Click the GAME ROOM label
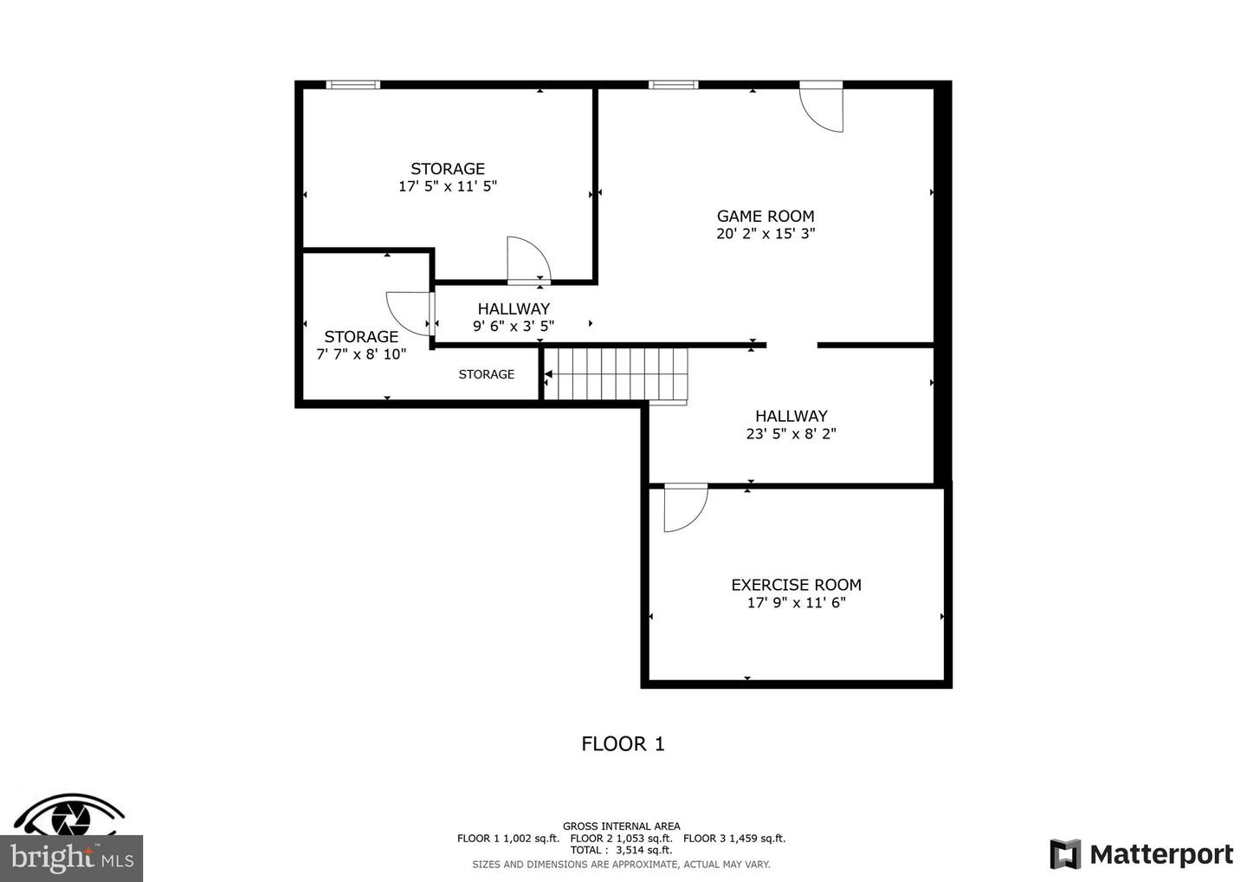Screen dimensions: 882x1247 coord(766,216)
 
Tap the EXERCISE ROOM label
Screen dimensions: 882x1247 coord(796,585)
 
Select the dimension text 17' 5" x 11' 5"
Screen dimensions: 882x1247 coord(448,186)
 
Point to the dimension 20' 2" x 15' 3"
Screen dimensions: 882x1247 coord(766,234)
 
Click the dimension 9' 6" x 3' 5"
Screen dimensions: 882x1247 coord(514,327)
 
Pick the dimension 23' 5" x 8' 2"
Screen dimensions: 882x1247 coord(791,434)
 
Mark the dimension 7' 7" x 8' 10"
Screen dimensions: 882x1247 coord(361,354)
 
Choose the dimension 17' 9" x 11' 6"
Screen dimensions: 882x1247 coord(796,603)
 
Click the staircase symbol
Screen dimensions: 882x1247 coord(620,374)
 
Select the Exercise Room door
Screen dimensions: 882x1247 coord(684,507)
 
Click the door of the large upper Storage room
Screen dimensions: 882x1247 coord(527,260)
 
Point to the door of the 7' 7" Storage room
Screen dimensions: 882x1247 coord(409,313)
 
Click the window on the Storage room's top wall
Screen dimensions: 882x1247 coord(352,85)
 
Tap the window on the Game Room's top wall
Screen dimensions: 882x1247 coord(674,85)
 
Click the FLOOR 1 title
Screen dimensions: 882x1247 coord(623,743)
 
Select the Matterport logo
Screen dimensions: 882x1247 coord(1141,854)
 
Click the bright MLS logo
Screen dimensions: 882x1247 coord(71,858)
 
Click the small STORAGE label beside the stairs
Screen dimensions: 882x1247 coord(486,374)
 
